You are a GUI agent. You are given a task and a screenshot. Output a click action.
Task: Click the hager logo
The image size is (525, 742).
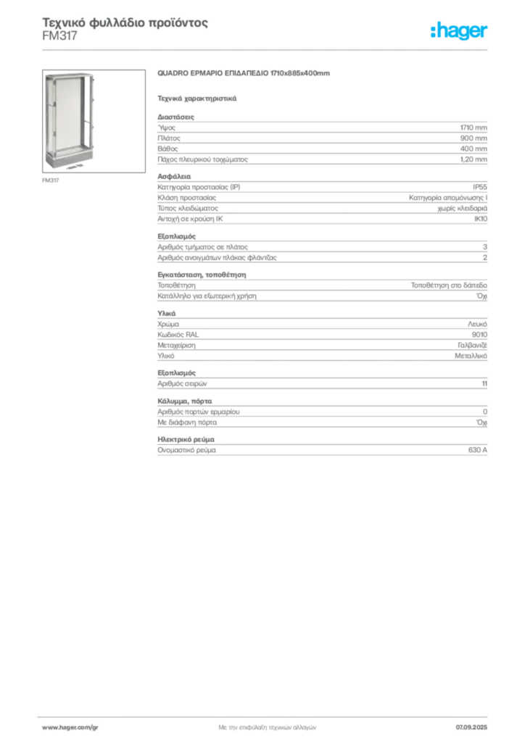point(459,30)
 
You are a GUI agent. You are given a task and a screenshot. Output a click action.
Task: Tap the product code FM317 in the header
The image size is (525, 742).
point(59,36)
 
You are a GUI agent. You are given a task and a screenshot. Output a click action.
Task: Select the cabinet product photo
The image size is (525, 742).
point(94,121)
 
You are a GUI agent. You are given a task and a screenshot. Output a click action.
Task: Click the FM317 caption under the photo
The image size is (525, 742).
point(51,180)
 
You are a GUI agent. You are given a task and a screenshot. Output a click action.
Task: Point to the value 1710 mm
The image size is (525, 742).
point(474,128)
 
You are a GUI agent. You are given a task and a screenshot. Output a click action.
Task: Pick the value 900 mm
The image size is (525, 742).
point(474,138)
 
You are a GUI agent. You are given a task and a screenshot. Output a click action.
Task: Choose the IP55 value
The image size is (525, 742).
point(479,187)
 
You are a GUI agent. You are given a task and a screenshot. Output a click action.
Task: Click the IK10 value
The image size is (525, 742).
point(481,219)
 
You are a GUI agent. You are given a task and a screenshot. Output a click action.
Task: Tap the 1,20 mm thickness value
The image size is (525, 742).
point(474,159)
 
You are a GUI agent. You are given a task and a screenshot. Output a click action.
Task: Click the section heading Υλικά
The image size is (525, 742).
point(167,313)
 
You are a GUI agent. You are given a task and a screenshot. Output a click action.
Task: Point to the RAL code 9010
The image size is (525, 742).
point(479,335)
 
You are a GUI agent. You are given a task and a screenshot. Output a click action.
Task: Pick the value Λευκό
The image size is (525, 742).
point(477,324)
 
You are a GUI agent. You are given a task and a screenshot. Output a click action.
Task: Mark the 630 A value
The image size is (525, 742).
point(478,450)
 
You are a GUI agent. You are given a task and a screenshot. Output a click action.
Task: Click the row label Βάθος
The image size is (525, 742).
point(168,149)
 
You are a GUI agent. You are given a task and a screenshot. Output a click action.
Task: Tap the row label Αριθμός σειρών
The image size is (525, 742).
point(182,384)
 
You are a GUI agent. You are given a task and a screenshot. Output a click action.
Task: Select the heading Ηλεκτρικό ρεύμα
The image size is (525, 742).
point(186,440)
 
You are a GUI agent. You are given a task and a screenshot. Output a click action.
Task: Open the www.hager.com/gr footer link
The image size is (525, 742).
point(70,728)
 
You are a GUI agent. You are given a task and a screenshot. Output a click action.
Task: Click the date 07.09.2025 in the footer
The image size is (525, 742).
point(471,728)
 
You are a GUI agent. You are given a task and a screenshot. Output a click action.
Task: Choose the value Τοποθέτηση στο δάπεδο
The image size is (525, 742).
point(449,285)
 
